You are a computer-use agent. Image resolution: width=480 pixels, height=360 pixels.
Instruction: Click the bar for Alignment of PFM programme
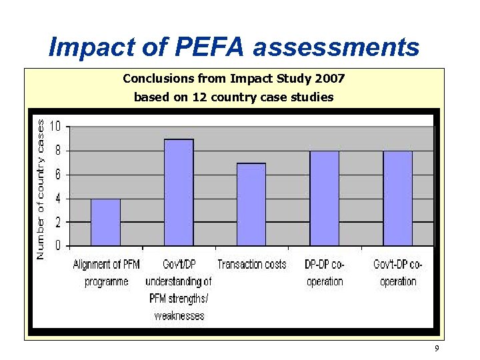tap(105, 222)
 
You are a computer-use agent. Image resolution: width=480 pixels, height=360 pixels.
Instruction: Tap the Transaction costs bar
tap(251, 204)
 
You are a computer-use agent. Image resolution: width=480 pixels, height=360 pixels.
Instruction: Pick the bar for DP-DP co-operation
tap(325, 198)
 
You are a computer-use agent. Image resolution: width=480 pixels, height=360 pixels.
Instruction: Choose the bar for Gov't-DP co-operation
tap(398, 198)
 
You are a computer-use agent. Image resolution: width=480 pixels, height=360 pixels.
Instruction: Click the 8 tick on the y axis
tap(57, 151)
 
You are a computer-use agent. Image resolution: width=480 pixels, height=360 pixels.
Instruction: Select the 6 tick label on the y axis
tap(57, 175)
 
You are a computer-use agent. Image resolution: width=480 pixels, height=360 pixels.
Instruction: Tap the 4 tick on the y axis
tap(57, 199)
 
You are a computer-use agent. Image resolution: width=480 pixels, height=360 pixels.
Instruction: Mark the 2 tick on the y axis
tap(57, 222)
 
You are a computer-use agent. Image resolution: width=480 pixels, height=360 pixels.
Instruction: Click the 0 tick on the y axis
tap(57, 246)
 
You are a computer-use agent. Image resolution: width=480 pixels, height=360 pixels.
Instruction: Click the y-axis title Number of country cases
tap(40, 189)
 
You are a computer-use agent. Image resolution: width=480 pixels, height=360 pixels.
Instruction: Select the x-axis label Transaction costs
tap(252, 265)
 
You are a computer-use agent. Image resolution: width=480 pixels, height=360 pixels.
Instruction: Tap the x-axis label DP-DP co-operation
tap(325, 273)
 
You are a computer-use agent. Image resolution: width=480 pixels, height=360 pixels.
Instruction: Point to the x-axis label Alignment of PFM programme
tap(107, 273)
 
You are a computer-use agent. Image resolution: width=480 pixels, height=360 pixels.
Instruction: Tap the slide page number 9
tap(436, 349)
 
